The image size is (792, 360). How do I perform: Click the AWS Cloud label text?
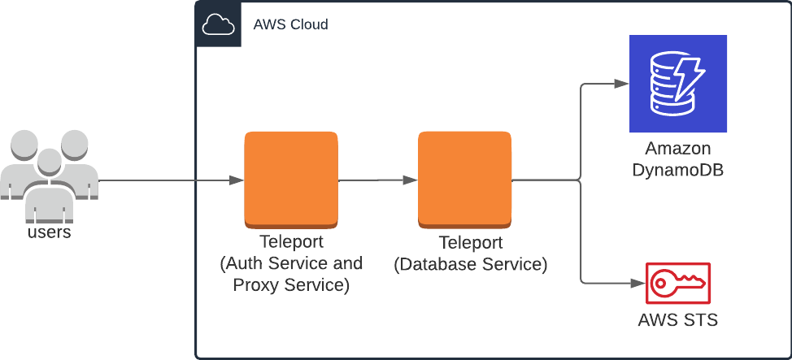click(290, 24)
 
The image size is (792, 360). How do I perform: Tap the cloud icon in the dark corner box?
click(218, 25)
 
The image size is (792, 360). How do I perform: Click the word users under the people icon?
click(49, 232)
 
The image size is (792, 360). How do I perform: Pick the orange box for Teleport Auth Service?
click(291, 180)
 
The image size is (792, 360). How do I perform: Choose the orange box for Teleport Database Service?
click(465, 180)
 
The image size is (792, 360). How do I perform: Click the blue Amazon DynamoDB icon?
click(677, 84)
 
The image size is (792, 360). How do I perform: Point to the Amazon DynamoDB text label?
click(677, 160)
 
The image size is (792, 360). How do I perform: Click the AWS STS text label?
click(677, 320)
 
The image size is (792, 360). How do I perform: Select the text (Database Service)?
click(470, 264)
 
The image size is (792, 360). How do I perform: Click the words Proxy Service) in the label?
click(291, 285)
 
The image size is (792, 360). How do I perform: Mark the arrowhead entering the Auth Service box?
click(237, 180)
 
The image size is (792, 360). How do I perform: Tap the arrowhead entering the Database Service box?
click(411, 180)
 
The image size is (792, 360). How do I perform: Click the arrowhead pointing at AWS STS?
click(637, 284)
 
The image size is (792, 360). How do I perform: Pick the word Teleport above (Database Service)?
click(470, 243)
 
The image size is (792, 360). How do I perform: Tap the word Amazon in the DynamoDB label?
click(677, 150)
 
